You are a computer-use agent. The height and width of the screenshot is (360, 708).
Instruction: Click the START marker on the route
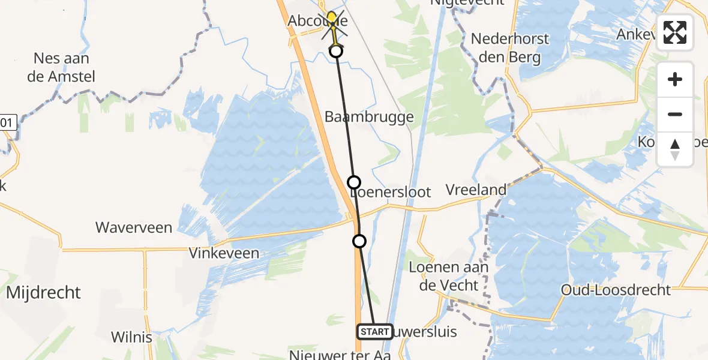[375, 332]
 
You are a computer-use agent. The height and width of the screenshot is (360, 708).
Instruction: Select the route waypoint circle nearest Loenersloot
[354, 182]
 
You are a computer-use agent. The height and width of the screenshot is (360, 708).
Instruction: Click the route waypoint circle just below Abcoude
[336, 51]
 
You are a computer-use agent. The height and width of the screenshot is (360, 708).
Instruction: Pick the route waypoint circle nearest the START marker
[359, 241]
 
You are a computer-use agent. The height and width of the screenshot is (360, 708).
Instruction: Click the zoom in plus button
[675, 80]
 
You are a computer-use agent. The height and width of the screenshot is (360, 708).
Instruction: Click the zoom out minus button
[675, 115]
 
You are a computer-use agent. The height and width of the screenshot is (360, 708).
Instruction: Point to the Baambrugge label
[369, 116]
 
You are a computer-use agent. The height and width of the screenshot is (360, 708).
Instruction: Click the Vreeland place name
[476, 190]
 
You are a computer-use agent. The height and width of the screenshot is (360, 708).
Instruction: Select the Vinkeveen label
[224, 253]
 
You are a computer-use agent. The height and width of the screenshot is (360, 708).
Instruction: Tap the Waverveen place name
[134, 228]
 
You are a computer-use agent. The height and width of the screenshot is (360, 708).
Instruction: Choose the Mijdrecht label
[43, 293]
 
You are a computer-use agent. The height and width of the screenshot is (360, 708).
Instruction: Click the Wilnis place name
[131, 337]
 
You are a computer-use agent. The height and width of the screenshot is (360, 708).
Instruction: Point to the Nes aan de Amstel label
[65, 68]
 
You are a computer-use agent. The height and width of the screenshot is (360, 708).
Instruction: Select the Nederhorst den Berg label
[509, 49]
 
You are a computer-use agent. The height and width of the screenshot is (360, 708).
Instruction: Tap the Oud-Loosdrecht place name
[616, 290]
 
